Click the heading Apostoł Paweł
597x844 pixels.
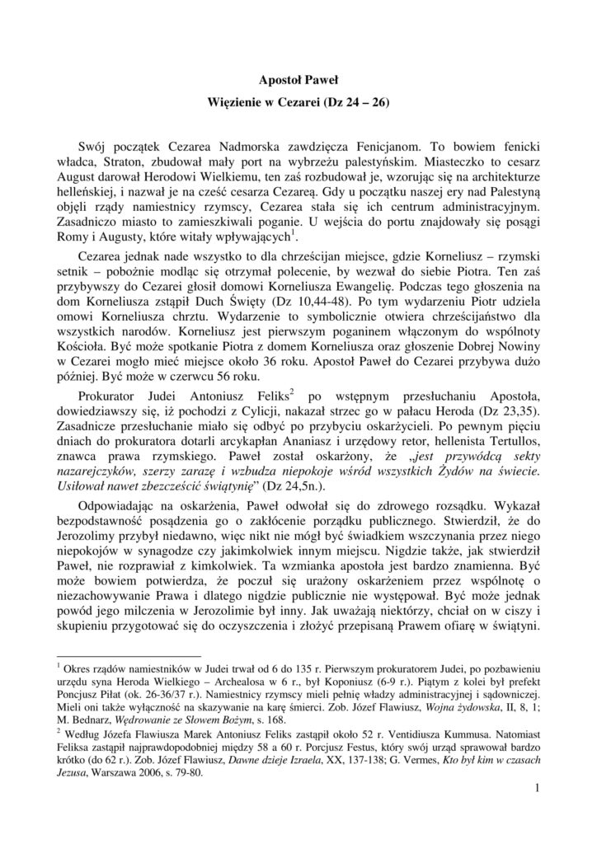pyautogui.click(x=298, y=81)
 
